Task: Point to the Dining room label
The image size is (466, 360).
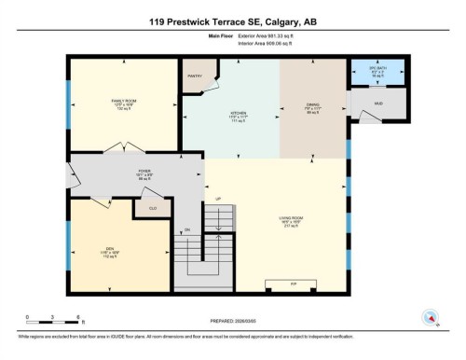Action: click(313, 105)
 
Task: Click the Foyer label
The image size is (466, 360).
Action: click(144, 172)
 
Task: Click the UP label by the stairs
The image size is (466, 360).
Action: click(219, 199)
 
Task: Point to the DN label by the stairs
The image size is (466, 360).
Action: click(186, 228)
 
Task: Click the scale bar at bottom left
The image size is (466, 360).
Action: click(53, 317)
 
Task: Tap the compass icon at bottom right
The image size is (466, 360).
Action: click(431, 317)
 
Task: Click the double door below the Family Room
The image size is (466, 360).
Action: click(123, 147)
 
